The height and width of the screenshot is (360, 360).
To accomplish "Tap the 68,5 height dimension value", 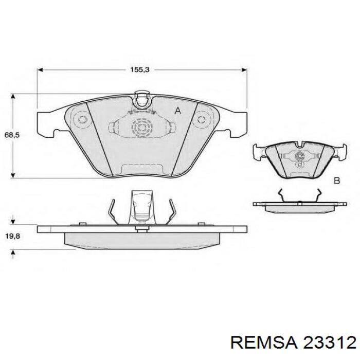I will pyautogui.click(x=12, y=135).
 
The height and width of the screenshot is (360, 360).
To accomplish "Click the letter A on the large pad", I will pyautogui.click(x=178, y=111).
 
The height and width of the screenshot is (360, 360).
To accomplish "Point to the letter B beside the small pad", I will pyautogui.click(x=337, y=181).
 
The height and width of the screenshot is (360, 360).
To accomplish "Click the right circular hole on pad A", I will pyautogui.click(x=200, y=120).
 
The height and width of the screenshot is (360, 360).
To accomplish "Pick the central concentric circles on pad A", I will pyautogui.click(x=141, y=126).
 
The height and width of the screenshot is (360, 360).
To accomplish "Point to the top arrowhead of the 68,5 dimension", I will pyautogui.click(x=13, y=96).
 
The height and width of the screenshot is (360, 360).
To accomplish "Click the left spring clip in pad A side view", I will pyautogui.click(x=116, y=212).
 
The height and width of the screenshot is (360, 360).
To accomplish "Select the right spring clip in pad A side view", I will pyautogui.click(x=171, y=212).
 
